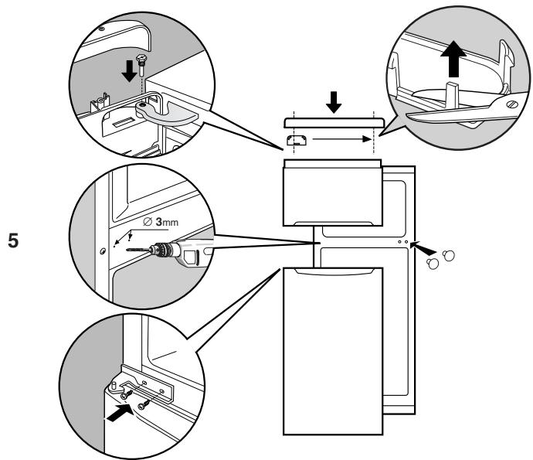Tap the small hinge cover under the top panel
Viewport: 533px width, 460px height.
(298, 140)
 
